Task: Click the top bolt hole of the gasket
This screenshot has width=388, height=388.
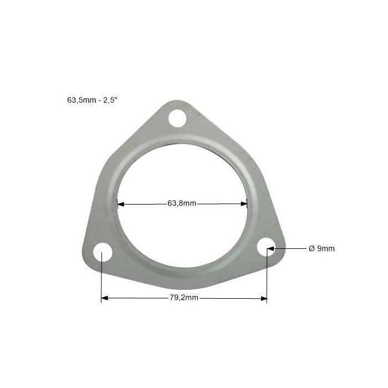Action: point(177,118)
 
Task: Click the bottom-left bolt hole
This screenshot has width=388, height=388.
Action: point(103,252)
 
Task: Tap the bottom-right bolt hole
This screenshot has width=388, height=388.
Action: point(266,247)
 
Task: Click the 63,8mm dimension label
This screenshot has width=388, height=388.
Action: point(182,203)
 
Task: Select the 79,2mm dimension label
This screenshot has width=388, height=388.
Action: point(184,298)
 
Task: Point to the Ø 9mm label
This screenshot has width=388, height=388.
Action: point(321,248)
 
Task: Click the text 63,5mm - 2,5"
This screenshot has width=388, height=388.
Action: point(92,100)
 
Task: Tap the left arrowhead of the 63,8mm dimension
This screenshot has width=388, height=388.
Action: point(120,205)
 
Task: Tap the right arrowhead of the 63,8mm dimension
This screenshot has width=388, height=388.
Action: point(244,204)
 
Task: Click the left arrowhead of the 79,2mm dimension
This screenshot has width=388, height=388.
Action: point(105,298)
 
